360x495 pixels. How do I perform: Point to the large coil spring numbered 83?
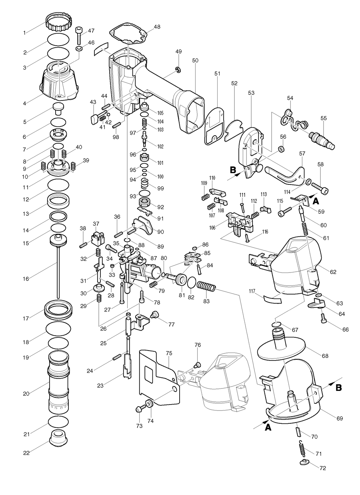coord(206,287)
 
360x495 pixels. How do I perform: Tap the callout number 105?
coord(160,113)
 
